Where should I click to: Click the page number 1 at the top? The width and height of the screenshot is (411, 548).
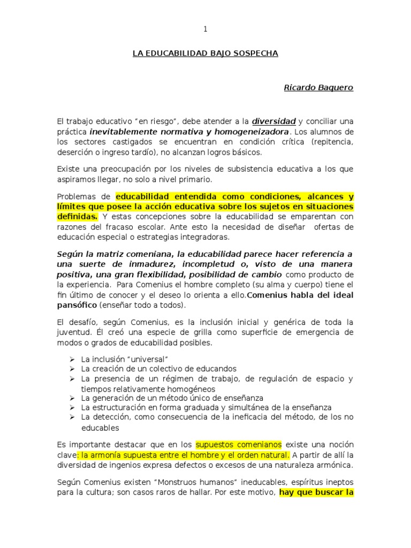click(205, 29)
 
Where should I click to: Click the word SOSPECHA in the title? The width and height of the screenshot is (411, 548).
click(255, 54)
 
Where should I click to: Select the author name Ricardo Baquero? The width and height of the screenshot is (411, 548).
click(318, 87)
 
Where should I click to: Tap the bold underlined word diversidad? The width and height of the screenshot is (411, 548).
click(274, 121)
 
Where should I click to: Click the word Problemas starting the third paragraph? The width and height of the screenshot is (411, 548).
click(75, 196)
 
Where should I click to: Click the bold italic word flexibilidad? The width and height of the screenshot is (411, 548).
click(180, 275)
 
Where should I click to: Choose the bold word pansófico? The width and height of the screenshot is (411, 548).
click(77, 305)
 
